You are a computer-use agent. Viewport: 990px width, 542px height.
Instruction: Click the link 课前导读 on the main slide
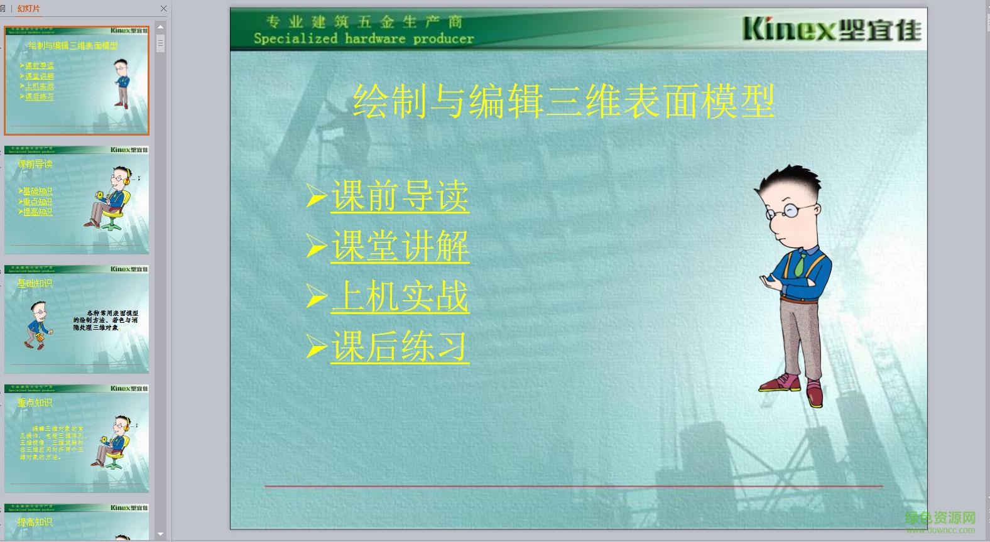400,196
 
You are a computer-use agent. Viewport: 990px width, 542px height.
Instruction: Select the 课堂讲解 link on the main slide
400,246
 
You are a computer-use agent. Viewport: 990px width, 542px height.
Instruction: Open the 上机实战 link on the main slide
400,296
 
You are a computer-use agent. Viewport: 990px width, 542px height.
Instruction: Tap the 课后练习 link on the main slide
400,347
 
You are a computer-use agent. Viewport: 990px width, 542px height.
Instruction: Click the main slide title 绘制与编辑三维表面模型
563,102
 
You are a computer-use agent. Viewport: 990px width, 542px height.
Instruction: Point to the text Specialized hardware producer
364,39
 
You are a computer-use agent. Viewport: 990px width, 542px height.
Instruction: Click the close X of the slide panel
164,8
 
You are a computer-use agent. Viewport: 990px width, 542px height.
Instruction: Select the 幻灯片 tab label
28,8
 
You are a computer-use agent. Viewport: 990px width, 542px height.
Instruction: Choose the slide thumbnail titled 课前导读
77,200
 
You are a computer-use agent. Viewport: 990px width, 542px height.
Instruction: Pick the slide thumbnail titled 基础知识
77,320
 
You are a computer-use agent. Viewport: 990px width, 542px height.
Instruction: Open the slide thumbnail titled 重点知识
77,439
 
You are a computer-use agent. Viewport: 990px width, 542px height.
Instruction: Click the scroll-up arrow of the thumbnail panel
161,27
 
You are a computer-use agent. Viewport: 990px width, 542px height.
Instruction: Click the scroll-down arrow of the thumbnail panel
161,534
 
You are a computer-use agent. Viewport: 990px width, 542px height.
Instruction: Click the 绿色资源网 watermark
940,519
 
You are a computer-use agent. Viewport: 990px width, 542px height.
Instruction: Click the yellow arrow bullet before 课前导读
316,196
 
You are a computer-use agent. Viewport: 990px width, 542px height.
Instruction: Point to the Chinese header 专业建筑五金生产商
364,22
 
